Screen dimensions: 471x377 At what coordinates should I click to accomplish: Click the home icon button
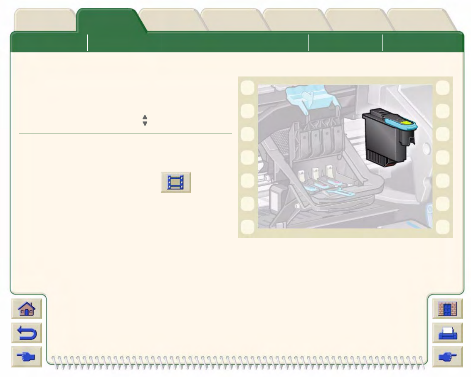[27, 309]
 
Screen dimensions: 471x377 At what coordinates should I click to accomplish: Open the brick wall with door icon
[447, 309]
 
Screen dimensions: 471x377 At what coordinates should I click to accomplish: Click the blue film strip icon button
[176, 182]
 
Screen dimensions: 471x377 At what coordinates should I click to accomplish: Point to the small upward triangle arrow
[145, 117]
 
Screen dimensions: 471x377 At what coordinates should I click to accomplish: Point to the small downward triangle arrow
[145, 123]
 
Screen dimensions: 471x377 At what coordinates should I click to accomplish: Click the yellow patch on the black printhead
[405, 123]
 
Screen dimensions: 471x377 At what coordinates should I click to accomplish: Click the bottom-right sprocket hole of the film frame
[443, 227]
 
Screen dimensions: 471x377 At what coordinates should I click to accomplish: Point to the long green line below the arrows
[125, 133]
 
